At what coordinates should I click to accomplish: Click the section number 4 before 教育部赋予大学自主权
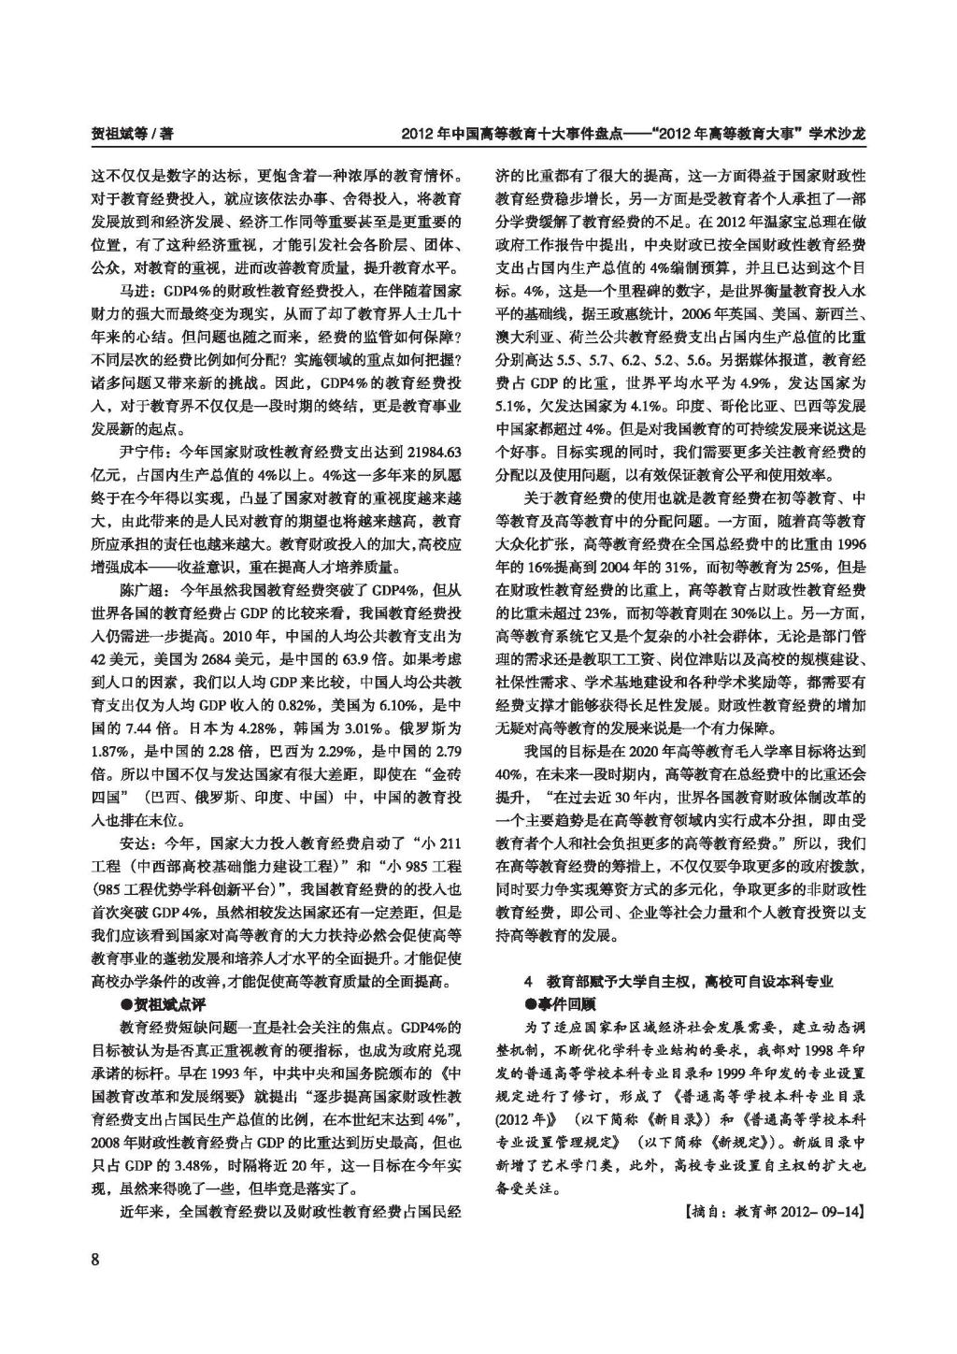pyautogui.click(x=528, y=981)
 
